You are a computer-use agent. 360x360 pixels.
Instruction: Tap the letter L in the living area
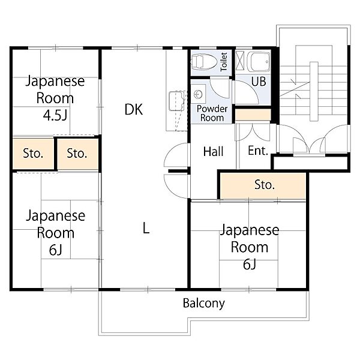click(145, 227)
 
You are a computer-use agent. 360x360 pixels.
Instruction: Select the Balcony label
click(204, 303)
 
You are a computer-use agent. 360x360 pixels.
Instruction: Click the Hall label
click(213, 152)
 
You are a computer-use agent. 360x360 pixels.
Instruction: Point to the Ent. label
click(258, 152)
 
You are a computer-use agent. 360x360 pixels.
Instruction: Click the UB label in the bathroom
click(258, 82)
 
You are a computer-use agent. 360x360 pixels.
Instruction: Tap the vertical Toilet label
click(224, 62)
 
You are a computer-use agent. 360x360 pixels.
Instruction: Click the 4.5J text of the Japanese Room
click(55, 113)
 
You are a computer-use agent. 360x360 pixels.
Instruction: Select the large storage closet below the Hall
click(264, 185)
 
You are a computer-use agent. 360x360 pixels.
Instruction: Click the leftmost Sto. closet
click(33, 153)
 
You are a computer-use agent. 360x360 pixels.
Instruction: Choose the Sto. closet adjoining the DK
click(77, 153)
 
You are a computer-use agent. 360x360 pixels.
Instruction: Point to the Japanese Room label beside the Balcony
click(249, 238)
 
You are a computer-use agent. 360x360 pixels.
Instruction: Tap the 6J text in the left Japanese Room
click(55, 250)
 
